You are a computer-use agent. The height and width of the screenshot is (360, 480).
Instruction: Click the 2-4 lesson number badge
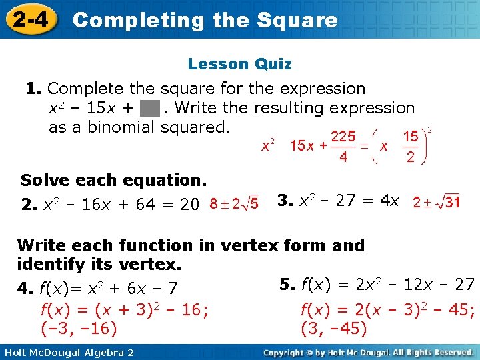[x=30, y=19]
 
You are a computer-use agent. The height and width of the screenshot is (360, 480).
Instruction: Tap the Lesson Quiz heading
[x=239, y=64]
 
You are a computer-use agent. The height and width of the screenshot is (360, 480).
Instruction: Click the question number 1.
[x=33, y=89]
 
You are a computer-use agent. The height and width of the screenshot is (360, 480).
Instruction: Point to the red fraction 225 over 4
[x=343, y=146]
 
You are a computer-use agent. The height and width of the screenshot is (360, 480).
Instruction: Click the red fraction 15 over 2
[x=411, y=146]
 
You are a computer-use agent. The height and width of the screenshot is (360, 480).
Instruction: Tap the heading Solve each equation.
[x=114, y=180]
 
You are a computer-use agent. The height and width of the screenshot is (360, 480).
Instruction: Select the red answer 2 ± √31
[x=436, y=201]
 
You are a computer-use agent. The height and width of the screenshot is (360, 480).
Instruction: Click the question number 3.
[x=283, y=200]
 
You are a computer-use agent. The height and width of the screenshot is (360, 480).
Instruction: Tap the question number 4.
[x=25, y=289]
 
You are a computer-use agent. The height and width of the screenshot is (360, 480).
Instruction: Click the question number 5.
[x=287, y=285]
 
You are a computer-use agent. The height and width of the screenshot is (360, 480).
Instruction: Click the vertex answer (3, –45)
[x=334, y=329]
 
